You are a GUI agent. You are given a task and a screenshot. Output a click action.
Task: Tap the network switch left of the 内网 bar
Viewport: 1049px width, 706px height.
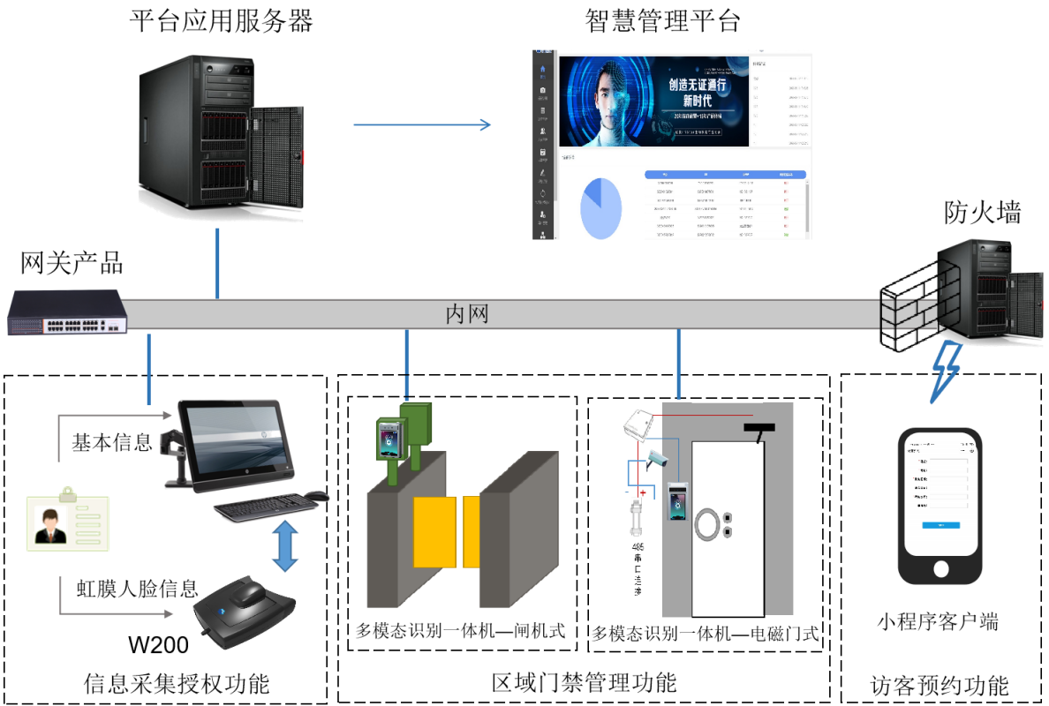pyautogui.click(x=67, y=312)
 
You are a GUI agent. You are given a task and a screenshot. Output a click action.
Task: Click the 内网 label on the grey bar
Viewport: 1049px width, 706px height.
pyautogui.click(x=466, y=314)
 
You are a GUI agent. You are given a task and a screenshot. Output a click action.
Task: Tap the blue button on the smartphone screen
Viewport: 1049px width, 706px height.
pyautogui.click(x=940, y=526)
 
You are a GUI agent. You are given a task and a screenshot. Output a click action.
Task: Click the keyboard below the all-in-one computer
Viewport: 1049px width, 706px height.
pyautogui.click(x=265, y=507)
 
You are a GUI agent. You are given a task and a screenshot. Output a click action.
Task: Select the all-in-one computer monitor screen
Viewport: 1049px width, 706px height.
pyautogui.click(x=235, y=440)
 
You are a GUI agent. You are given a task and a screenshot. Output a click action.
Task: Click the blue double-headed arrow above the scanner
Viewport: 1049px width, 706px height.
pyautogui.click(x=284, y=546)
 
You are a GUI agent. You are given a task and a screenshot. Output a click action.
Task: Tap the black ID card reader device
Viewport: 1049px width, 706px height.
pyautogui.click(x=245, y=612)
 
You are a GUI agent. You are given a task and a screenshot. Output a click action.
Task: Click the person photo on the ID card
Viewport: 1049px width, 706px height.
pyautogui.click(x=49, y=526)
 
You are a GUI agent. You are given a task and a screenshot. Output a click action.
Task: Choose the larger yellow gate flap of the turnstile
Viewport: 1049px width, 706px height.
pyautogui.click(x=434, y=531)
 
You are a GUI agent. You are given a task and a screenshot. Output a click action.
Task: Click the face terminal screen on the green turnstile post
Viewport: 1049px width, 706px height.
pyautogui.click(x=389, y=439)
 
